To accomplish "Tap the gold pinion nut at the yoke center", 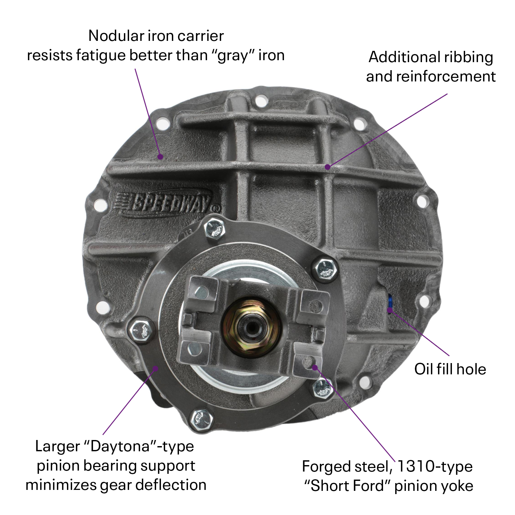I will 251,327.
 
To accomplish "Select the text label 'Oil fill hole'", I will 450,369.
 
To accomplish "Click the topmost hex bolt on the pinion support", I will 214,228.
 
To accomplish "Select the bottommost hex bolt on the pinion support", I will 201,420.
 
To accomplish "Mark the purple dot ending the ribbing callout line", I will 327,167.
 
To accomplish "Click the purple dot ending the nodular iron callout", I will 160,157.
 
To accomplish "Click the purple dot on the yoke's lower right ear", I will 315,367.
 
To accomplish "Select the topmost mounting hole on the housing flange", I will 261,101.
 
